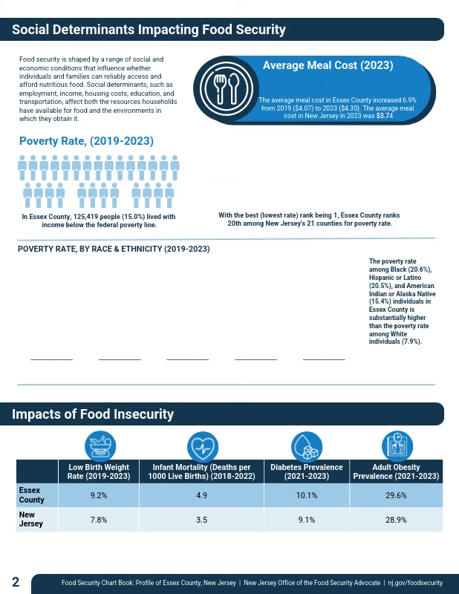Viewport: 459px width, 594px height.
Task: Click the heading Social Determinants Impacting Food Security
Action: tap(149, 30)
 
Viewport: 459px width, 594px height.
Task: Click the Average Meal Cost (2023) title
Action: tap(328, 65)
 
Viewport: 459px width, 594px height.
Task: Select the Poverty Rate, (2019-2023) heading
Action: tap(86, 141)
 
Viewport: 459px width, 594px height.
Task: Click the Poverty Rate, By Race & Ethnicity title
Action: tap(114, 249)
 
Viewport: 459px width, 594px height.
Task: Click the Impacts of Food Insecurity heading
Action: tap(93, 414)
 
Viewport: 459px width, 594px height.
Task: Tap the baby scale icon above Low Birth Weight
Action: tap(99, 446)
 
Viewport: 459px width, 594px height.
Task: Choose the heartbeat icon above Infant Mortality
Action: tap(201, 446)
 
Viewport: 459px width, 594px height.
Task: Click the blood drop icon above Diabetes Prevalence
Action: tap(306, 446)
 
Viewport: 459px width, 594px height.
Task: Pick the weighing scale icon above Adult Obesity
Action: tap(397, 446)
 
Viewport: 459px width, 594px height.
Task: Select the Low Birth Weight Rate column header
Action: tap(99, 471)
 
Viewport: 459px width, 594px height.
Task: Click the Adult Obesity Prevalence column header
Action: tap(396, 471)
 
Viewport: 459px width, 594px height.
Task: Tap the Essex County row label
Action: tap(31, 495)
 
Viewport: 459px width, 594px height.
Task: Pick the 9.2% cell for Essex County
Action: tap(99, 495)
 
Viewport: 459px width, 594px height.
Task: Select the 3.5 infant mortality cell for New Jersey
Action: tap(201, 520)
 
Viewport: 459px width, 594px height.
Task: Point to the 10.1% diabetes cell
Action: tap(306, 495)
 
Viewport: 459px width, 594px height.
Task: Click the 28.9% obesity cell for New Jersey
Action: tap(396, 520)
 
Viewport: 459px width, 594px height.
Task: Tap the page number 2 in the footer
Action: tap(16, 581)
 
